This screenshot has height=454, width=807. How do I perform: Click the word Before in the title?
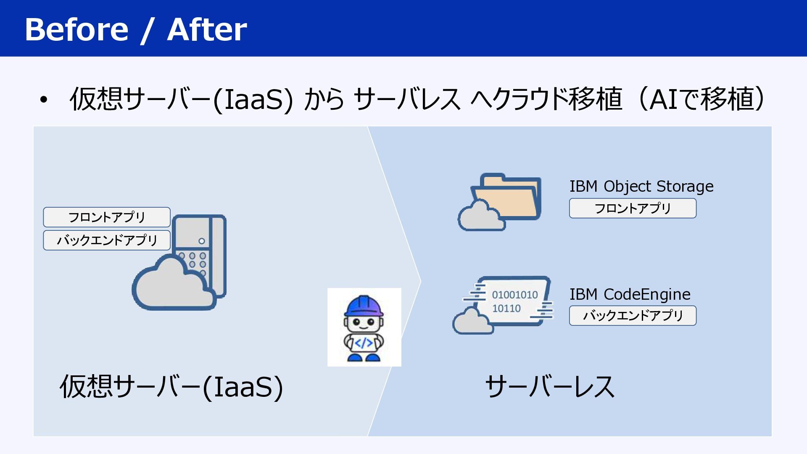tap(76, 29)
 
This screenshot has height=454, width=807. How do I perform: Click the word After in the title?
tap(207, 29)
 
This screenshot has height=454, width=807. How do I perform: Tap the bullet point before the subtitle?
tap(44, 100)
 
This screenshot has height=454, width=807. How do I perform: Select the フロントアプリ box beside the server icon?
tap(107, 217)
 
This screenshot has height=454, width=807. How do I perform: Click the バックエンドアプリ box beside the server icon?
tap(107, 240)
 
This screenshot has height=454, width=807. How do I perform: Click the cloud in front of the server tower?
tap(173, 284)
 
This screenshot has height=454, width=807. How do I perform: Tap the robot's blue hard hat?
tap(364, 306)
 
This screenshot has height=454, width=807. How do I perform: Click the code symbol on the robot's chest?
tap(364, 343)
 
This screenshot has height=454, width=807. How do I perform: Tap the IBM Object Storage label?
tap(641, 186)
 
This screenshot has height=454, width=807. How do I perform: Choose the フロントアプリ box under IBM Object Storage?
tap(633, 209)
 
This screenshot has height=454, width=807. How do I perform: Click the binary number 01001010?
tap(515, 295)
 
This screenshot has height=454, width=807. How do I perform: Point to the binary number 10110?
tap(506, 309)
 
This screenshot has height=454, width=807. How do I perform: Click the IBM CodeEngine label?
tap(630, 294)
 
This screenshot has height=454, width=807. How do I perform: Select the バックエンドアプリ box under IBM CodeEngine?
tap(633, 316)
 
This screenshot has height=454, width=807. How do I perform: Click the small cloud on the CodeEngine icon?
tap(473, 321)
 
